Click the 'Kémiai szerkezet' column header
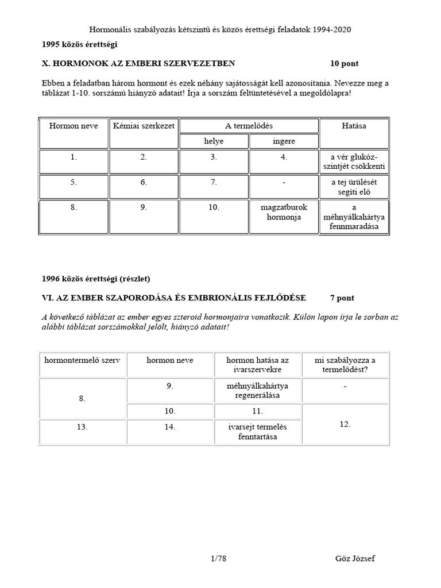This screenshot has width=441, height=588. tap(144, 125)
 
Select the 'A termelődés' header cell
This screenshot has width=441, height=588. tap(249, 125)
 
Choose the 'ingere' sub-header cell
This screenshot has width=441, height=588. tap(284, 141)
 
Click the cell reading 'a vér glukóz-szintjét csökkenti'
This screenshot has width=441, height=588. tap(354, 161)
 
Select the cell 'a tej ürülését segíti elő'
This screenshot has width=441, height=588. tap(354, 187)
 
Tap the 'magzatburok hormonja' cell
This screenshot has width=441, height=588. tap(284, 213)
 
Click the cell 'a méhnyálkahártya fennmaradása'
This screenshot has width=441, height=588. tap(354, 217)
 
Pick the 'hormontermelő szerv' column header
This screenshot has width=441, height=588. tap(82, 360)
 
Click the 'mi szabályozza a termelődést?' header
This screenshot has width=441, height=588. tap(345, 364)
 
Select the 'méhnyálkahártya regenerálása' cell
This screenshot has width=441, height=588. tap(257, 390)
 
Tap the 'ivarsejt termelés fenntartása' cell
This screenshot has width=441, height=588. tap(257, 432)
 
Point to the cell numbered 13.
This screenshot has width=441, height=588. tap(82, 427)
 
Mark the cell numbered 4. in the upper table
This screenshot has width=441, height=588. tap(284, 157)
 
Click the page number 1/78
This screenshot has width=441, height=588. tap(220, 558)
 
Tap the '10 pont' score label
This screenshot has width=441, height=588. tap(344, 64)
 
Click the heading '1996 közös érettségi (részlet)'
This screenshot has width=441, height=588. tap(96, 279)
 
